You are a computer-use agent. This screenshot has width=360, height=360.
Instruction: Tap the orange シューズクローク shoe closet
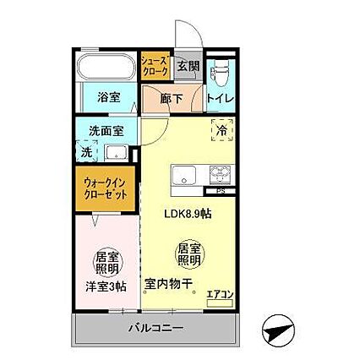coord(155,66)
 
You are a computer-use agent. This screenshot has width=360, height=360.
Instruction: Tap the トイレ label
coord(222,99)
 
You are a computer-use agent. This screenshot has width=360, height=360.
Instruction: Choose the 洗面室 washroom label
coord(106,131)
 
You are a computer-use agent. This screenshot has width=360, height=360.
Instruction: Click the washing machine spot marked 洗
coord(86,152)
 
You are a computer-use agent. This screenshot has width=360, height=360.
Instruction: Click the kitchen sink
coord(185,177)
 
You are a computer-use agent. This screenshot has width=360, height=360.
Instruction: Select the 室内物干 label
coord(168,284)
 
